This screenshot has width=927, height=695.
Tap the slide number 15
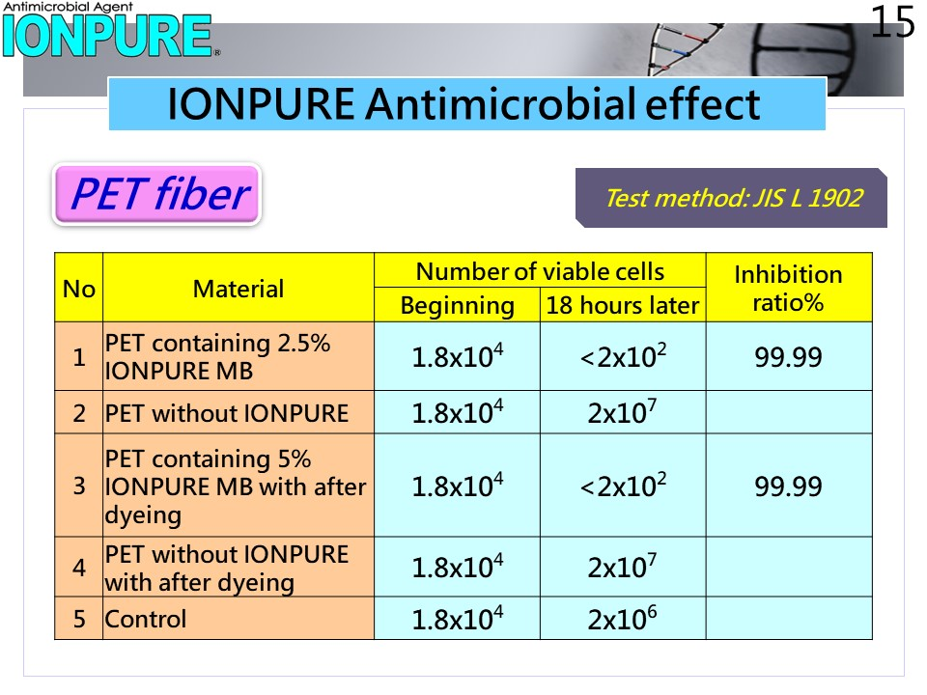tap(892, 22)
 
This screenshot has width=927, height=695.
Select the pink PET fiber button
tap(157, 194)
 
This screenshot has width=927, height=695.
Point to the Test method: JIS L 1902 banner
tap(731, 198)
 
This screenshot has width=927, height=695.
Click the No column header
tap(78, 289)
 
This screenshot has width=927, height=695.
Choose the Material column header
tap(239, 289)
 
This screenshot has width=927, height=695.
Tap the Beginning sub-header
tap(457, 306)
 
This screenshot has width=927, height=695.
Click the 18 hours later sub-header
tap(623, 306)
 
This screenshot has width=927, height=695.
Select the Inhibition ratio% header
tap(789, 289)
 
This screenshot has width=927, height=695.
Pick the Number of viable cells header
tap(540, 271)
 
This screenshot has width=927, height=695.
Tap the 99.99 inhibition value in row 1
tap(788, 357)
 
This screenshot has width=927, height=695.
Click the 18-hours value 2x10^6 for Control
tap(622, 618)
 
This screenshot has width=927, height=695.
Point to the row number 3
tap(79, 486)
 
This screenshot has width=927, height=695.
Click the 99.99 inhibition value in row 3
tap(788, 486)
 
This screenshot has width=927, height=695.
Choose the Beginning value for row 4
tap(458, 567)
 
